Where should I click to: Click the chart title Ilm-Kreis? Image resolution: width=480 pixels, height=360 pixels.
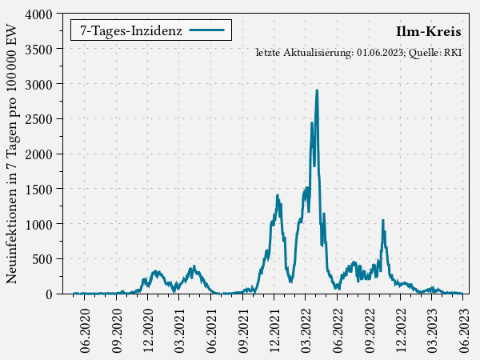click(x=428, y=32)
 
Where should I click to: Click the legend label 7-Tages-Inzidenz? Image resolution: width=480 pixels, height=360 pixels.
click(x=131, y=30)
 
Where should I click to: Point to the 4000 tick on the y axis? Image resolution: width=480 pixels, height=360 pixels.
click(x=37, y=14)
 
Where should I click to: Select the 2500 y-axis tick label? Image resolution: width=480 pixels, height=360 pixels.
click(x=37, y=119)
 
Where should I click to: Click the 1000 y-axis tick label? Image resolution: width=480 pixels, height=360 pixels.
click(x=37, y=224)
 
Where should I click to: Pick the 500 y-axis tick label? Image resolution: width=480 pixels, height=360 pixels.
click(x=40, y=259)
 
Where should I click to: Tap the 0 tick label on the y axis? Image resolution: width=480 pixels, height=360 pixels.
click(x=48, y=294)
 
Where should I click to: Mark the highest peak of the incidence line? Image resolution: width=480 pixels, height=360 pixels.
click(x=317, y=90)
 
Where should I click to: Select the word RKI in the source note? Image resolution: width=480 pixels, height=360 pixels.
click(x=454, y=53)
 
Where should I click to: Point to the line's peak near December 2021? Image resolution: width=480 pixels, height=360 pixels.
click(x=277, y=195)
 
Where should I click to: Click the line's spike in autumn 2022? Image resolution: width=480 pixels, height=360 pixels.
click(x=382, y=220)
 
